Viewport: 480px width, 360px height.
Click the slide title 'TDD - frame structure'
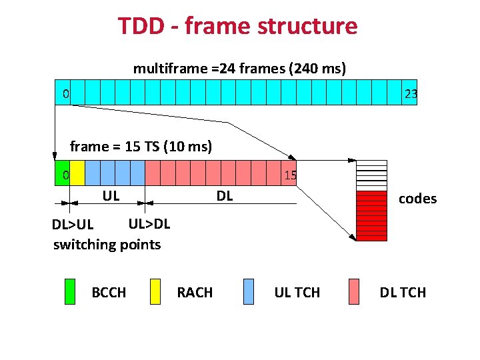click(x=237, y=26)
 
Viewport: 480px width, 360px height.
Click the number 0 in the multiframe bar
click(x=65, y=94)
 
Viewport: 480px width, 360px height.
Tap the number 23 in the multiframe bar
click(x=411, y=94)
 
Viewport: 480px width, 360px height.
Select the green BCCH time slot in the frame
click(x=62, y=173)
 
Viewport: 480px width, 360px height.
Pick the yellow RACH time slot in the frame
click(x=77, y=173)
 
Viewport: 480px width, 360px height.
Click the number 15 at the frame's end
click(x=290, y=176)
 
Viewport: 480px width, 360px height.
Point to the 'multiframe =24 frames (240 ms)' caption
click(x=239, y=69)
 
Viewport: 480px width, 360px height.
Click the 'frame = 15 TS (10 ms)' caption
click(x=141, y=147)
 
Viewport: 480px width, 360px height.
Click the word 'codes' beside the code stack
click(x=417, y=199)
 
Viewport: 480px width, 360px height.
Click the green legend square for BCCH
click(x=70, y=292)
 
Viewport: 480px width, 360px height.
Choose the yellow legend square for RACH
click(x=155, y=292)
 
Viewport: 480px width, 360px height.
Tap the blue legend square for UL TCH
click(x=248, y=292)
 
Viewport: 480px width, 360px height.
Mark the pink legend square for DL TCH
click(x=354, y=292)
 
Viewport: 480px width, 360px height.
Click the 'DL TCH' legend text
click(x=403, y=293)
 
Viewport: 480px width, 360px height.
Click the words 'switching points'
click(x=107, y=245)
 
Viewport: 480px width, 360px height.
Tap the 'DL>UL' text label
click(x=73, y=225)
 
